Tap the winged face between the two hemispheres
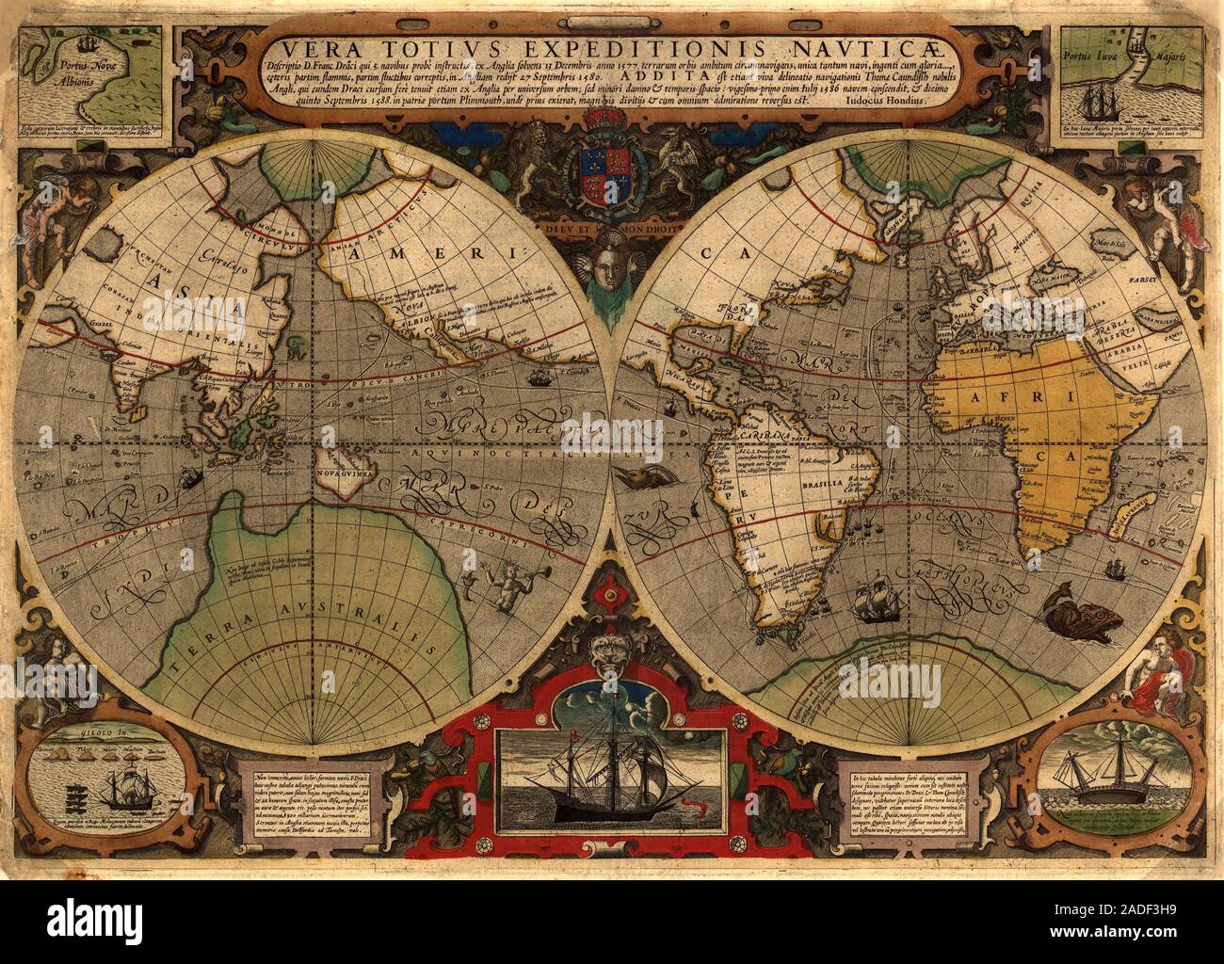pos(613,272)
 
